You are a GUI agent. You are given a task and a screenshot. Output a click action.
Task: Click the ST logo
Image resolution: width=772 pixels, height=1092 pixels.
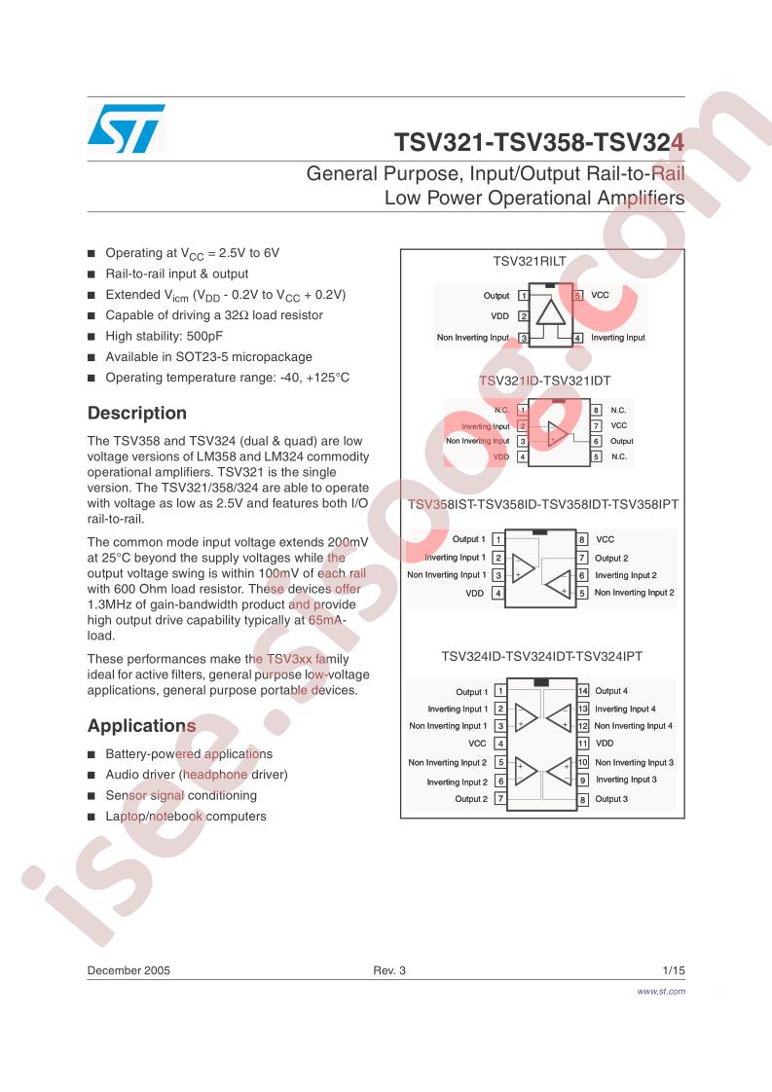[x=127, y=128]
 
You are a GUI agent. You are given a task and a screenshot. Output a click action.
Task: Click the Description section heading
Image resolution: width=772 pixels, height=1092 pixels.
[x=137, y=413]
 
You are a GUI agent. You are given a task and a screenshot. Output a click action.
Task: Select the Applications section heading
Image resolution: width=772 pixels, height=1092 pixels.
[x=141, y=726]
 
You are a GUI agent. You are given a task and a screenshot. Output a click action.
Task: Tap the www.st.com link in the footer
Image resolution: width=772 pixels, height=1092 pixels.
[x=660, y=991]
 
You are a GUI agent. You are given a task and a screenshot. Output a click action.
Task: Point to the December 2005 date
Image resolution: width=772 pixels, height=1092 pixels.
[x=129, y=970]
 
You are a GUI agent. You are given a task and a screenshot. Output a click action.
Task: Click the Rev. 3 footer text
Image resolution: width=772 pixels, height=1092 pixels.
[x=389, y=970]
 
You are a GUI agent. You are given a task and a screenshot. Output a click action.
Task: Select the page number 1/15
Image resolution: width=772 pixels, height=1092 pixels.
[x=674, y=970]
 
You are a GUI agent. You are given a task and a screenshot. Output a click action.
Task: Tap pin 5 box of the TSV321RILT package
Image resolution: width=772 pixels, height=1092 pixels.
[x=577, y=295]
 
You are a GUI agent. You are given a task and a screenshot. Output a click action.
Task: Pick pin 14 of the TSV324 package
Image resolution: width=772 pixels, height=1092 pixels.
[x=583, y=691]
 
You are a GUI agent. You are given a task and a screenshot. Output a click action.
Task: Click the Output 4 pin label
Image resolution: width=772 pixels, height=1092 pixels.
[x=611, y=691]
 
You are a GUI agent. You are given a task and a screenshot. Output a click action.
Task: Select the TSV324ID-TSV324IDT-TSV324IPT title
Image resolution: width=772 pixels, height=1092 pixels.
[x=542, y=656]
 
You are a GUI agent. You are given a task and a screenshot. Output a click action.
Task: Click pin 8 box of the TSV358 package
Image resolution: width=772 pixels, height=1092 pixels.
[x=582, y=539]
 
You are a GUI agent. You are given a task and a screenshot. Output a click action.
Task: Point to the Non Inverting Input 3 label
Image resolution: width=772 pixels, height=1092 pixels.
[x=634, y=763]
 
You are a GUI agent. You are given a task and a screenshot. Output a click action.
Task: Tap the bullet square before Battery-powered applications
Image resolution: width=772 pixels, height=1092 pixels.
[x=92, y=754]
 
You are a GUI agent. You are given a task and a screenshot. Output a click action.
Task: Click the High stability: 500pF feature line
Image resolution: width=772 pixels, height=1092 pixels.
[x=165, y=336]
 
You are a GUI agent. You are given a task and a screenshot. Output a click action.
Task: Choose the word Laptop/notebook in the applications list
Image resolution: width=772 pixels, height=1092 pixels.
[x=154, y=817]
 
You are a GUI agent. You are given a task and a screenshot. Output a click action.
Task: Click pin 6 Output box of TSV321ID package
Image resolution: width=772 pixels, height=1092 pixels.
[x=597, y=441]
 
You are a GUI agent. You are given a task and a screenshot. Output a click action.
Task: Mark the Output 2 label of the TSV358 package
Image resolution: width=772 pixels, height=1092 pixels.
[x=611, y=558]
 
